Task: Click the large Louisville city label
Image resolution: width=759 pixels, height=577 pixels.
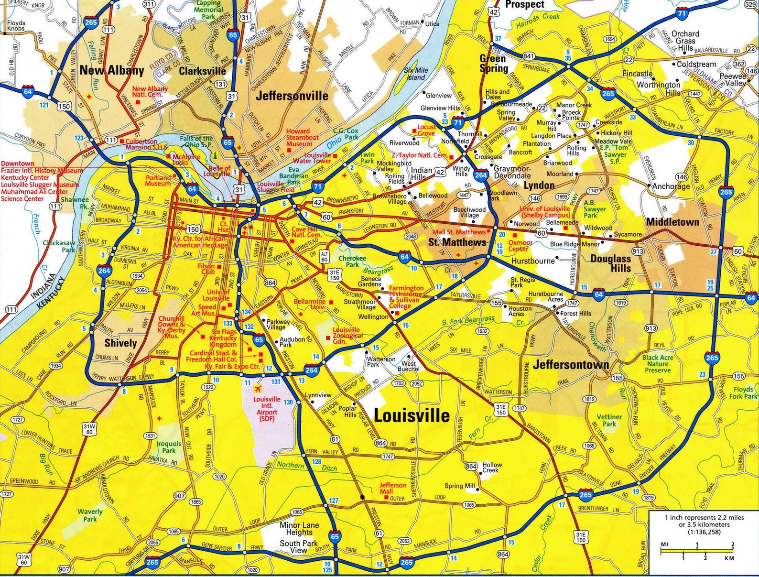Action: [411, 415]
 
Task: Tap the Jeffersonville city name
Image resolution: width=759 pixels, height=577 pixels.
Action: [292, 96]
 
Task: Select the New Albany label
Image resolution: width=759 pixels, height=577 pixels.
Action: [112, 71]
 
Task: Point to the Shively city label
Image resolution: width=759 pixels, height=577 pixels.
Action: [120, 343]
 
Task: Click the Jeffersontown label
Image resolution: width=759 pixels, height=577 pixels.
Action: [571, 365]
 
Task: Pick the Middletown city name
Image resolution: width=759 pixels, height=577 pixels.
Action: [672, 222]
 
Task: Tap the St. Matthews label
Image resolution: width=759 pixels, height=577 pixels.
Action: [457, 242]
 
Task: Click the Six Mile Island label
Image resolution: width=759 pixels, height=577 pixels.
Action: [416, 74]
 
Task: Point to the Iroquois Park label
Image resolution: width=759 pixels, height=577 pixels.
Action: [169, 447]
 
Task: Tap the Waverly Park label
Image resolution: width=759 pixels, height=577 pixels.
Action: [90, 515]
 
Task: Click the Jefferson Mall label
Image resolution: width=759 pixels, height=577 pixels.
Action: [393, 488]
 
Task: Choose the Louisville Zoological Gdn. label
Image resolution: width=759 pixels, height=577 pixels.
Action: [346, 336]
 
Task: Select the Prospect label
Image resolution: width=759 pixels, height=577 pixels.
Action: [524, 5]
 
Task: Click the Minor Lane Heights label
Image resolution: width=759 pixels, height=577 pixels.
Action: [299, 529]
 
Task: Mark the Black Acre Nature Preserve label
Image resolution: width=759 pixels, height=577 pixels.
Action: [658, 364]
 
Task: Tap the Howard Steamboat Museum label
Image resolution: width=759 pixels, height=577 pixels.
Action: [302, 137]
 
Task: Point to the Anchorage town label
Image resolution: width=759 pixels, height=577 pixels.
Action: [671, 186]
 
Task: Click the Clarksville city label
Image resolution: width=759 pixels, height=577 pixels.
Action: [202, 71]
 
